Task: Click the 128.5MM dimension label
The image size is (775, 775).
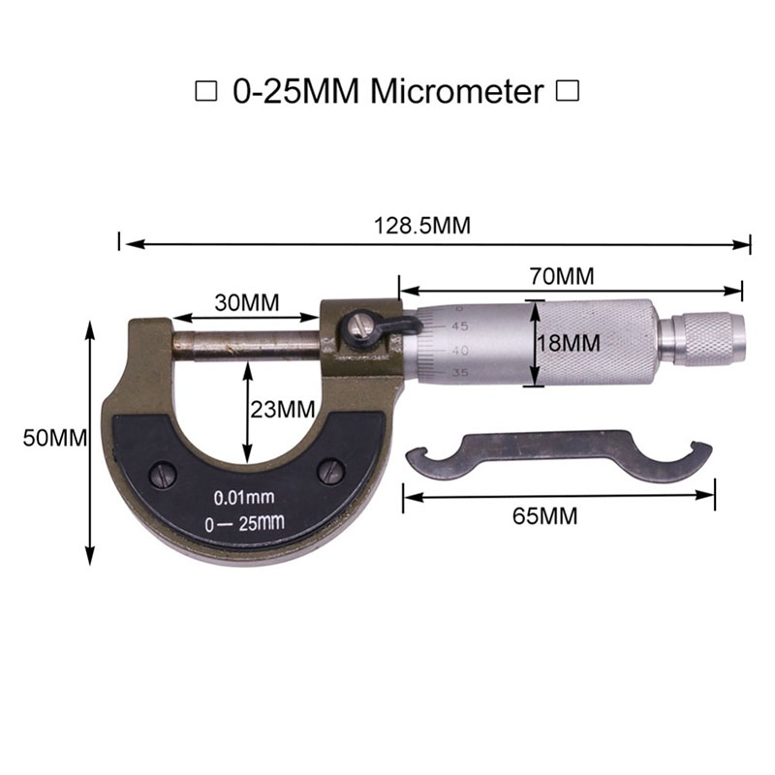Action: pyautogui.click(x=422, y=226)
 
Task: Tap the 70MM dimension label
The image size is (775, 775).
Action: pyautogui.click(x=562, y=276)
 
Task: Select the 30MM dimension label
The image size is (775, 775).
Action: pyautogui.click(x=247, y=302)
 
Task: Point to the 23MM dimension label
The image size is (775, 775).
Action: pyautogui.click(x=283, y=409)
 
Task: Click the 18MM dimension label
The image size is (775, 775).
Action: pyautogui.click(x=569, y=343)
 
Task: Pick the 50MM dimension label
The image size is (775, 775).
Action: pyautogui.click(x=55, y=438)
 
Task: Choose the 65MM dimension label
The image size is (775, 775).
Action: pyautogui.click(x=544, y=516)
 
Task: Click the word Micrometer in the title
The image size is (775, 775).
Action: pyautogui.click(x=457, y=91)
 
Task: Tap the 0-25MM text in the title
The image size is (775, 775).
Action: pyautogui.click(x=296, y=91)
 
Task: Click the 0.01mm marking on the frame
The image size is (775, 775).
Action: pyautogui.click(x=244, y=497)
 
